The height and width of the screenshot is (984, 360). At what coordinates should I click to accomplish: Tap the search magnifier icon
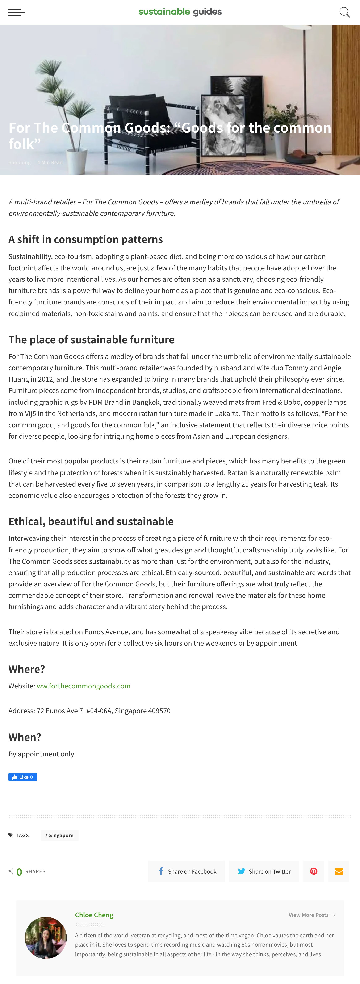344,12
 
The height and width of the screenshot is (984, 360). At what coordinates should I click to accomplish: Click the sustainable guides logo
180,12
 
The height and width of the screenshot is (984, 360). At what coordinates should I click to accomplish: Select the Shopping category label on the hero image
20,162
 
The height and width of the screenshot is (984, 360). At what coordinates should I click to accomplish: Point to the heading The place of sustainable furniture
91,340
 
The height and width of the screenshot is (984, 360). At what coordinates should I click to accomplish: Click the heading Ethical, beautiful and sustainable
91,521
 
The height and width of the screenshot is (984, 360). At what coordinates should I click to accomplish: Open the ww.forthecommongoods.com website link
83,686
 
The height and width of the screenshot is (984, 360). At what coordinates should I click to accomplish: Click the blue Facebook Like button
22,777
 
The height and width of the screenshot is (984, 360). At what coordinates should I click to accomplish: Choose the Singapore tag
60,835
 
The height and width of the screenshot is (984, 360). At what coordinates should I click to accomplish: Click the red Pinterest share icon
313,871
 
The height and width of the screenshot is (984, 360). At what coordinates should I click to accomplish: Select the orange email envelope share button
339,871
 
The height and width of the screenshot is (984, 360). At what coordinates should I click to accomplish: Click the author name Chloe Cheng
94,915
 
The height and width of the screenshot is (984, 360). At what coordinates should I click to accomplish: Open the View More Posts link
311,915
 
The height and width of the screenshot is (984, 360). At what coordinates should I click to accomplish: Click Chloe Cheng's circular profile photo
46,937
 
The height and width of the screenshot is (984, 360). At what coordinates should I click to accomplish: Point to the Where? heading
27,669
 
